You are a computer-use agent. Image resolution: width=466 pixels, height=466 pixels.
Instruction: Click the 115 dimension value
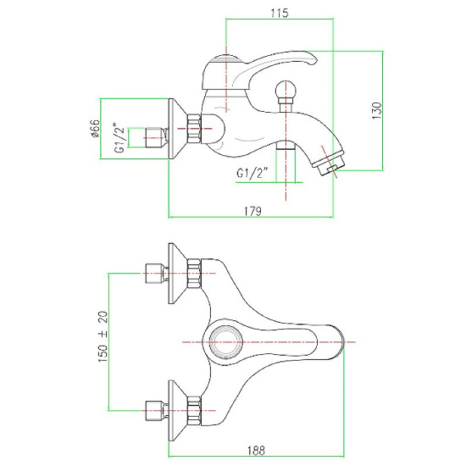tap(280, 13)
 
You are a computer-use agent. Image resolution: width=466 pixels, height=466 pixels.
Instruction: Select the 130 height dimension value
tap(376, 110)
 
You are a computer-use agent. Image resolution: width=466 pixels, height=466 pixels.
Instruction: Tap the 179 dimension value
tap(253, 211)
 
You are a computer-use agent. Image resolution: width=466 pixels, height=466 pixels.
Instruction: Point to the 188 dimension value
tap(256, 451)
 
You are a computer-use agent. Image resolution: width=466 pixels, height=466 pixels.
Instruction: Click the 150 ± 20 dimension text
tap(103, 336)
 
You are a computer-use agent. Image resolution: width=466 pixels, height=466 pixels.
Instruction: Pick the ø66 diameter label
tap(96, 129)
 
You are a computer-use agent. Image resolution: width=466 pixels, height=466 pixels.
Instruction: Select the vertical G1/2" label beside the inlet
tap(119, 137)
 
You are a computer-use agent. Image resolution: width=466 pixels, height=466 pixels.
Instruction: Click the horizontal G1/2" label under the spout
tap(252, 173)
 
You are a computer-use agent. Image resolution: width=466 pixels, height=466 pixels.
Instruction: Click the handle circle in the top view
tap(225, 341)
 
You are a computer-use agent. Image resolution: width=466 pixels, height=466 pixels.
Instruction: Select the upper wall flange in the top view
tap(178, 274)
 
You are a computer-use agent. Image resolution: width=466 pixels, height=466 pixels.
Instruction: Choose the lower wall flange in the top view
tap(178, 410)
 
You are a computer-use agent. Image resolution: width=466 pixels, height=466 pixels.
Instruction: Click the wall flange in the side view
tap(178, 129)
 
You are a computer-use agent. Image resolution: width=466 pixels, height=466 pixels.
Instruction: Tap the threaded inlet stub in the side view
tap(156, 137)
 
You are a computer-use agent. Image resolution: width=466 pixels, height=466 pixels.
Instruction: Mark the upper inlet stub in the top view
tap(157, 274)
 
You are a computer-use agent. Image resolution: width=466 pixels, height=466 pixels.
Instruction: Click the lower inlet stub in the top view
tap(157, 410)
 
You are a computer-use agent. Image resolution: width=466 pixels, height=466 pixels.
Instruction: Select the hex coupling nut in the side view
tap(194, 129)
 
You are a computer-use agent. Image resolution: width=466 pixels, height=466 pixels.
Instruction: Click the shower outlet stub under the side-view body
tap(286, 146)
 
